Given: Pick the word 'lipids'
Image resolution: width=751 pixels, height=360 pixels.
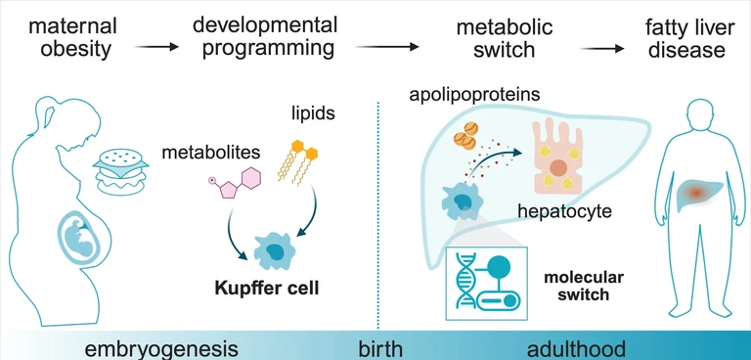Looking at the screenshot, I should tap(313, 114).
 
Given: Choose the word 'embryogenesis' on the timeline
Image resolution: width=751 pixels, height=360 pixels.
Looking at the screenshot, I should tap(161, 349).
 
